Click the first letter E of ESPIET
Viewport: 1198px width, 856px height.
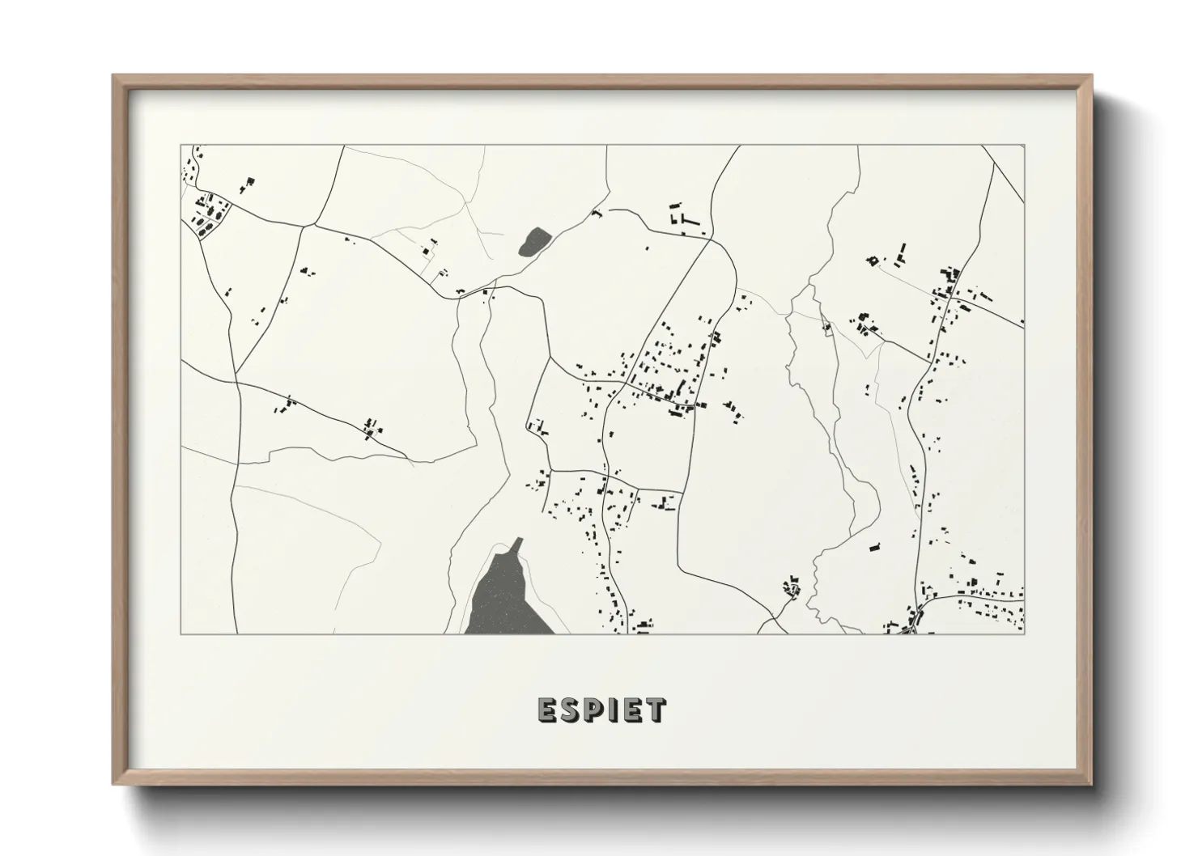(x=546, y=710)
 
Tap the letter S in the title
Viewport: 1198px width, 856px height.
(x=570, y=710)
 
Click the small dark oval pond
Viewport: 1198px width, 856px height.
(x=534, y=241)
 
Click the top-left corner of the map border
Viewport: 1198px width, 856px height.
(x=181, y=146)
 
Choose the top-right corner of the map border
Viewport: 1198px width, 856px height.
(x=1025, y=146)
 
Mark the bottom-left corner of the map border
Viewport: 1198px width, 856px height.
(x=181, y=634)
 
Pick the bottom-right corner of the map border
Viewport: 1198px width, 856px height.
(x=1025, y=634)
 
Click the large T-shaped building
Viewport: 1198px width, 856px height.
(x=689, y=218)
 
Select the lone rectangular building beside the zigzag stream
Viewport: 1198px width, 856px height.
(x=874, y=548)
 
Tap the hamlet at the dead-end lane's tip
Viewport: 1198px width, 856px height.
(x=792, y=588)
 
